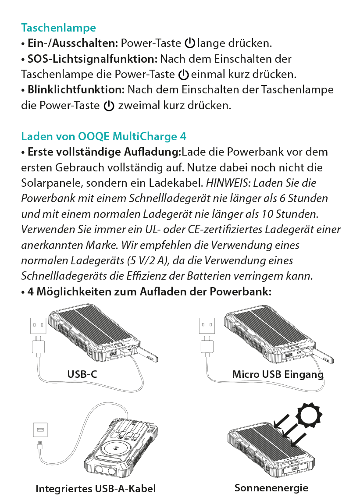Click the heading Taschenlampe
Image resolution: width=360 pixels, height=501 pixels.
click(x=58, y=28)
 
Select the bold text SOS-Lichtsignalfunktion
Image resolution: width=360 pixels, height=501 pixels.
click(x=92, y=59)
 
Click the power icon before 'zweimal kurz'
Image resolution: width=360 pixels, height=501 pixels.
click(x=109, y=106)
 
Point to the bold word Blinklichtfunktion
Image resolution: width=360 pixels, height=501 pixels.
click(x=76, y=90)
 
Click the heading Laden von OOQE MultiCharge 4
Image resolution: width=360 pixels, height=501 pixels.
click(x=103, y=136)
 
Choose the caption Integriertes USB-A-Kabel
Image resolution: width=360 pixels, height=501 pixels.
click(x=96, y=489)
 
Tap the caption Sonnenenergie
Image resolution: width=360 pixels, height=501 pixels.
click(x=271, y=488)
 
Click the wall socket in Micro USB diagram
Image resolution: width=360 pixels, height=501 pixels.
click(x=207, y=326)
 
